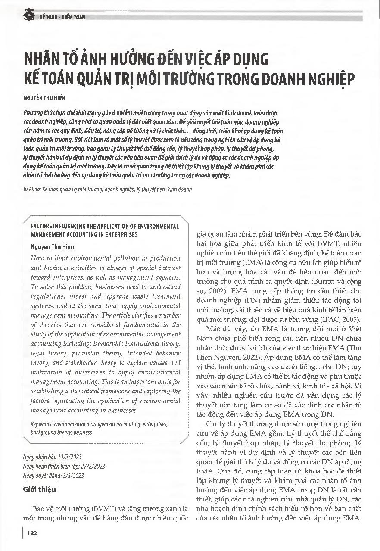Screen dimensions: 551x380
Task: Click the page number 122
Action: pyautogui.click(x=31, y=533)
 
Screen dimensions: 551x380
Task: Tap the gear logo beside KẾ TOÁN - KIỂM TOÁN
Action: pyautogui.click(x=29, y=16)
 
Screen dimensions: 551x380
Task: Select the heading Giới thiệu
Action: pyautogui.click(x=39, y=489)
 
